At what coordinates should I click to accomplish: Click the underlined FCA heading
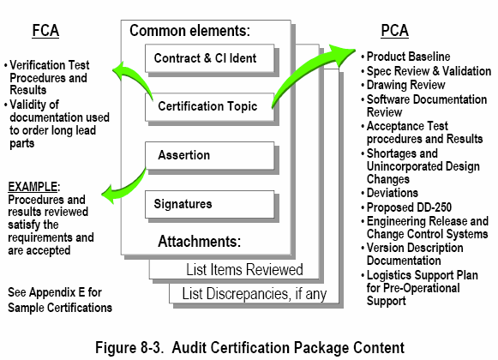pyautogui.click(x=45, y=31)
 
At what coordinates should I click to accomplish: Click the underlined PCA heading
pyautogui.click(x=394, y=31)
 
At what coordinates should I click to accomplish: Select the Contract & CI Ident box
pyautogui.click(x=210, y=58)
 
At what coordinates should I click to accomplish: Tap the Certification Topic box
pyautogui.click(x=210, y=106)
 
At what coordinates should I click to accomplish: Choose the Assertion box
pyautogui.click(x=210, y=155)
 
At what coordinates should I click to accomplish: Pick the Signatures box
pyautogui.click(x=210, y=204)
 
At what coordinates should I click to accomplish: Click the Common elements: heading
pyautogui.click(x=190, y=31)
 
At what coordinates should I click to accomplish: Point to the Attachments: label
pyautogui.click(x=200, y=242)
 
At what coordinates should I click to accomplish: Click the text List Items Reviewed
pyautogui.click(x=244, y=269)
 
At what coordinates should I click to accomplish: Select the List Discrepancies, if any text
pyautogui.click(x=255, y=294)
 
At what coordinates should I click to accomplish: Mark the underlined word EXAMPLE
pyautogui.click(x=33, y=187)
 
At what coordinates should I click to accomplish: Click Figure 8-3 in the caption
pyautogui.click(x=129, y=347)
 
